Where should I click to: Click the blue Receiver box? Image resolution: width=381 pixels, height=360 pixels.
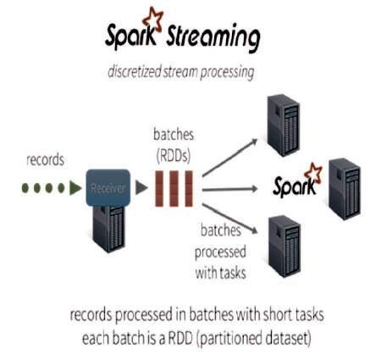pos(108,187)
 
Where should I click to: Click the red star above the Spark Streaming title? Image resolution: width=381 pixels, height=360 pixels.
pos(153,19)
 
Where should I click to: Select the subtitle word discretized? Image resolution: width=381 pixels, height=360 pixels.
pos(135,71)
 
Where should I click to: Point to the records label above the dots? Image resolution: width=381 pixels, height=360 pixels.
pos(45,159)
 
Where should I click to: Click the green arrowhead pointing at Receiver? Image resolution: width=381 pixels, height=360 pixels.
pos(75,188)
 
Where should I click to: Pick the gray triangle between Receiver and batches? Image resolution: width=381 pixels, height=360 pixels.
pos(141,187)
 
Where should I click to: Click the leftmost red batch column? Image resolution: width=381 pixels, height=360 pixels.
pos(159,189)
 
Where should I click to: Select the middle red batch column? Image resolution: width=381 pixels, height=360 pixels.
pos(174,189)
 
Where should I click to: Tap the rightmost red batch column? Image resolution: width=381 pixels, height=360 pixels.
pos(189,189)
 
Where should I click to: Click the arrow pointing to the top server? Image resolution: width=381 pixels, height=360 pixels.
pos(230,158)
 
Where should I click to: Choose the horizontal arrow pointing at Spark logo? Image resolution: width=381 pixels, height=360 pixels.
pos(230,189)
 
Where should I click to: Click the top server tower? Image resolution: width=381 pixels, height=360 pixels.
pos(284,125)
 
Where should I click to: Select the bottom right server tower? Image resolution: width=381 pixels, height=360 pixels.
pos(284,246)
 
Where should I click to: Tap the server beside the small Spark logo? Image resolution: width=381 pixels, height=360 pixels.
pos(345,189)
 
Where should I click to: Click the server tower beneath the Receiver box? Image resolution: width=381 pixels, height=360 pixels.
pos(108,229)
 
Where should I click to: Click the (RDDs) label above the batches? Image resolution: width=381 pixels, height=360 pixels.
pos(174,155)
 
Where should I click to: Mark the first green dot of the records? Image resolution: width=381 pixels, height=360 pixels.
pos(25,188)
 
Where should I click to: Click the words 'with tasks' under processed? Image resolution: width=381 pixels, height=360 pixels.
pos(220,273)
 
